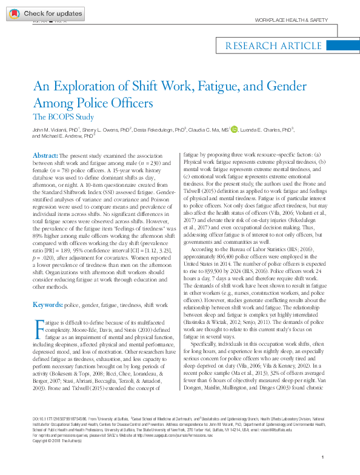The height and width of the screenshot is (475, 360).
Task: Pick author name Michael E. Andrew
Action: (x=62, y=137)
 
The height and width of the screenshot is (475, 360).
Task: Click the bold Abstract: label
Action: (x=45, y=155)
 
